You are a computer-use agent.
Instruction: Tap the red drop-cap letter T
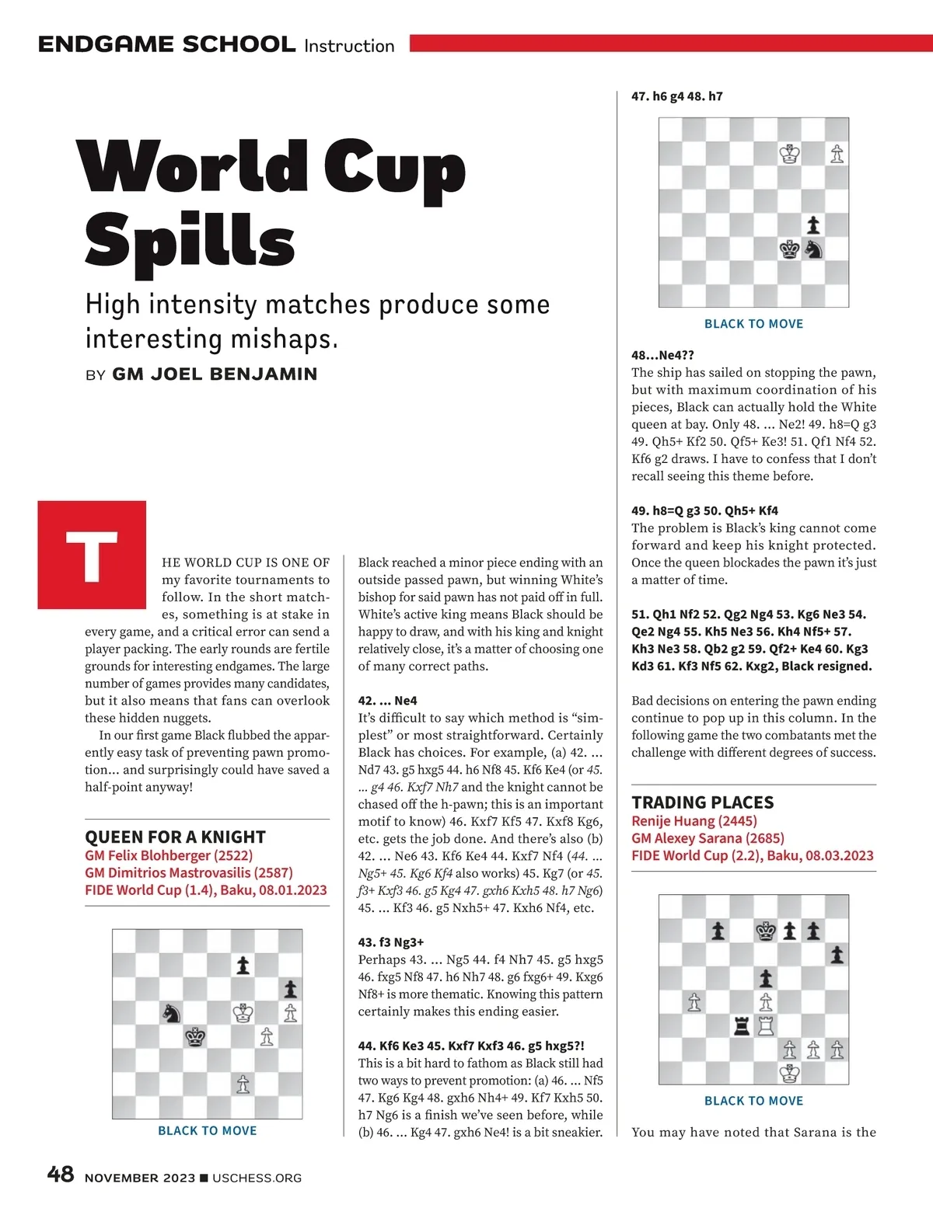pos(92,555)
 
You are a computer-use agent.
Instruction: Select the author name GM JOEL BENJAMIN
pos(215,374)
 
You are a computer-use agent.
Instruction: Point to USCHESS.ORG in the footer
pos(257,1178)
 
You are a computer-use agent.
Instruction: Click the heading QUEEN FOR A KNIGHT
pos(175,837)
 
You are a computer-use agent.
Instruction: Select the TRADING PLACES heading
pos(702,802)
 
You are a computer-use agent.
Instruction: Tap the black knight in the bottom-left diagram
pos(172,1013)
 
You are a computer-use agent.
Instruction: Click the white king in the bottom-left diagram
pos(243,1013)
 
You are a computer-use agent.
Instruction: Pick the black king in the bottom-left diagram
pos(196,1037)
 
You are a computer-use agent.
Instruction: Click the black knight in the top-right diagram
pos(813,249)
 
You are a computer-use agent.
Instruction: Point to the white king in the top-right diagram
pos(790,154)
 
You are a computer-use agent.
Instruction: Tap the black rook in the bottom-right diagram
pos(743,1026)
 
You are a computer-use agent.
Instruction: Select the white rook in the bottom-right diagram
pos(767,1026)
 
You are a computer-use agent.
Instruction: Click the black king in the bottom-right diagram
pos(767,931)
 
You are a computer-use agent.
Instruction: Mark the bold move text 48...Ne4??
pos(662,355)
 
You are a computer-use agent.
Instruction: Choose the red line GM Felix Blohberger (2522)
pos(169,855)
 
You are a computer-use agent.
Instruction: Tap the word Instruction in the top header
pos(349,46)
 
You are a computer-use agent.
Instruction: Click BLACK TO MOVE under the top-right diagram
pos(753,324)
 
